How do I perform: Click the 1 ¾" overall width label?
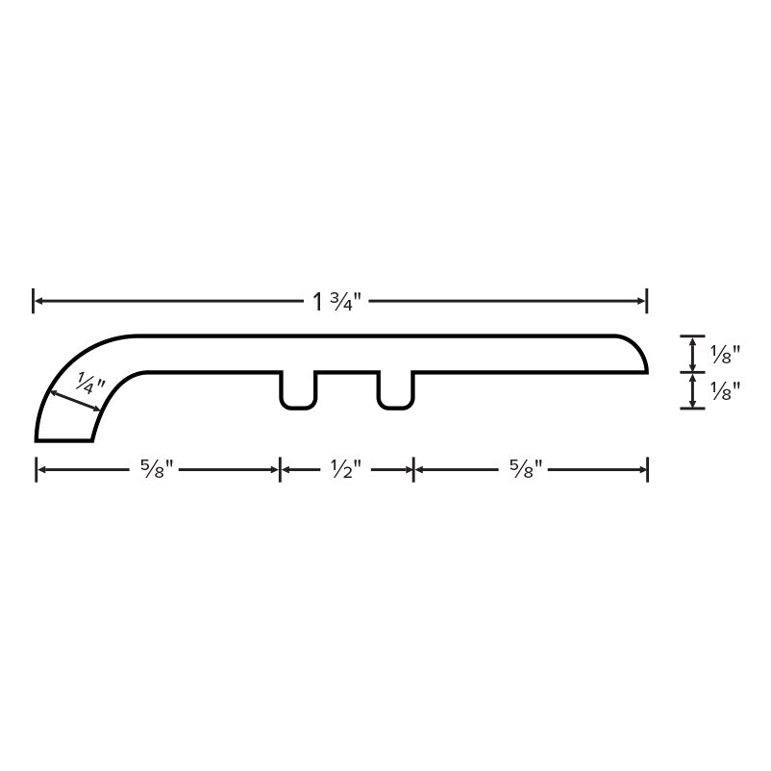[336, 302]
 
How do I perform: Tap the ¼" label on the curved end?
[90, 384]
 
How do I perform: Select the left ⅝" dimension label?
[157, 470]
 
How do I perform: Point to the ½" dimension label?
[345, 470]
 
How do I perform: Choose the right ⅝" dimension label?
[526, 470]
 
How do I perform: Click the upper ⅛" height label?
[725, 355]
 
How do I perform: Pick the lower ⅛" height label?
[725, 391]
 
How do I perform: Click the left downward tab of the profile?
[298, 390]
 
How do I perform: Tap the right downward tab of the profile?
[395, 390]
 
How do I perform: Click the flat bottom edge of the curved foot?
[64, 440]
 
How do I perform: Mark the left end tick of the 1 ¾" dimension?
[34, 301]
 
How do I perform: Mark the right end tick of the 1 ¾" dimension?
[647, 301]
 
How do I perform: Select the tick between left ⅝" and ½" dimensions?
[280, 470]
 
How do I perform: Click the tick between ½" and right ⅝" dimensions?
[413, 470]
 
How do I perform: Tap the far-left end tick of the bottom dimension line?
[37, 470]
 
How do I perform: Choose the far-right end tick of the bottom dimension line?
[647, 470]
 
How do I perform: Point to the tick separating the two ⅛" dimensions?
[692, 372]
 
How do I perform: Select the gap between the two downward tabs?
[346, 385]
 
